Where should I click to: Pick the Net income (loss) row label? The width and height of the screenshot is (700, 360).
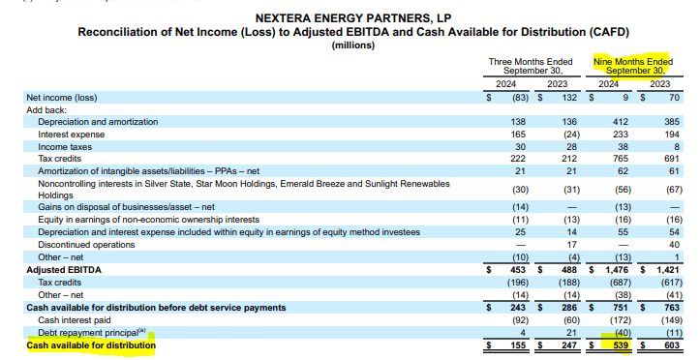61,97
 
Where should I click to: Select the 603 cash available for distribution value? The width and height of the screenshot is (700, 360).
672,345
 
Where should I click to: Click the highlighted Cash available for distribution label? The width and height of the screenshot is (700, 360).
90,345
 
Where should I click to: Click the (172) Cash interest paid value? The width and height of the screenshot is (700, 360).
616,319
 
